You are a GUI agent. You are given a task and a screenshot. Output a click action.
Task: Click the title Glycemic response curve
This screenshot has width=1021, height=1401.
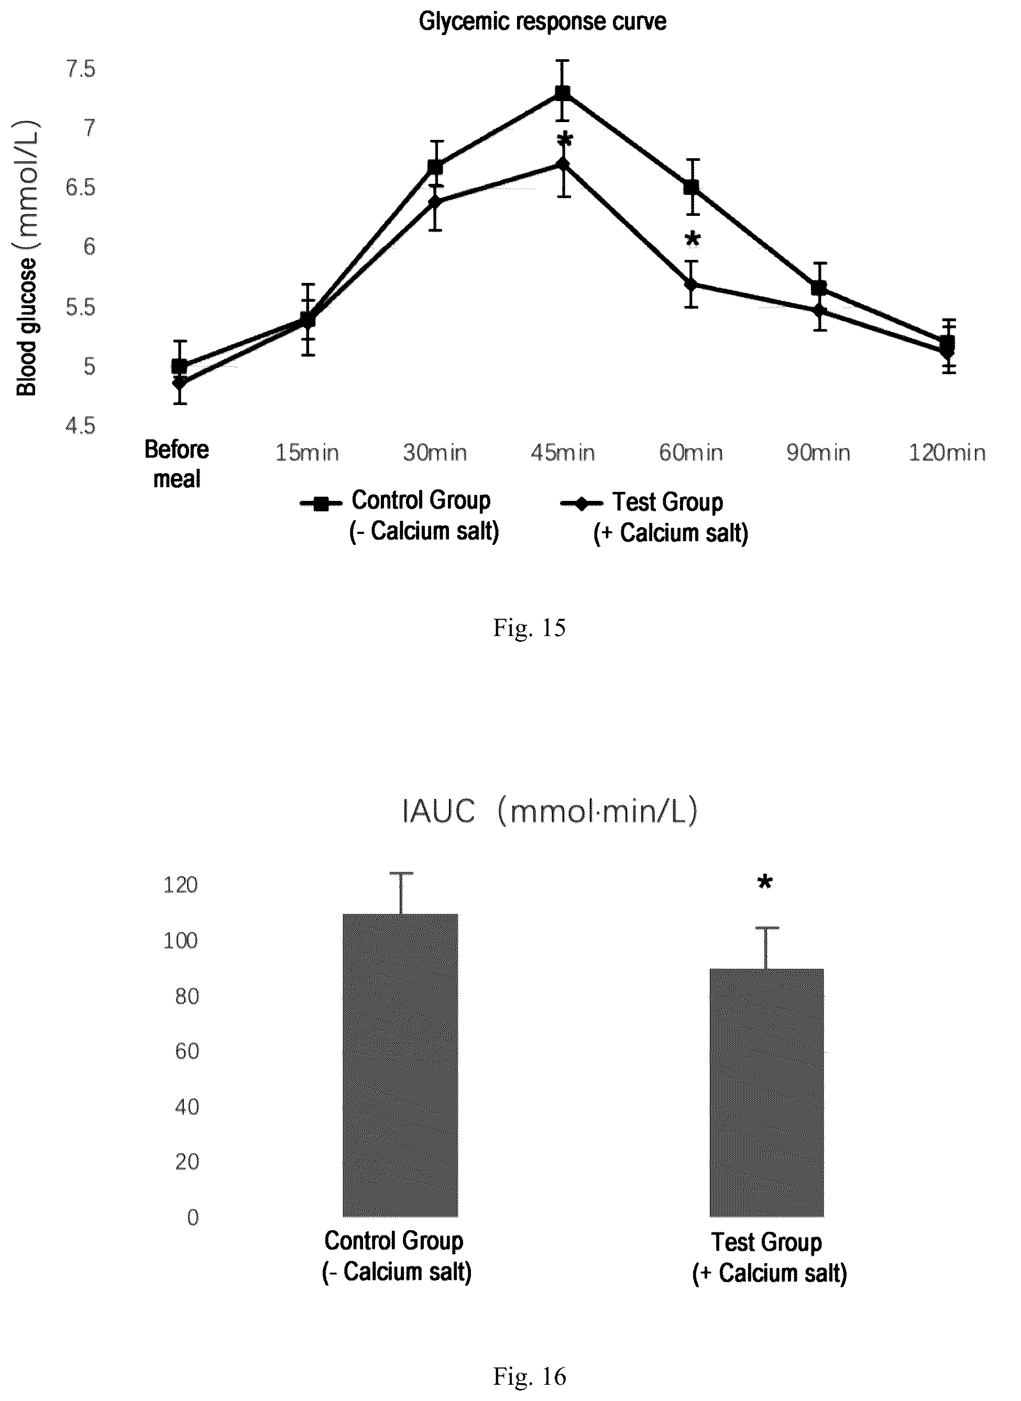tap(543, 22)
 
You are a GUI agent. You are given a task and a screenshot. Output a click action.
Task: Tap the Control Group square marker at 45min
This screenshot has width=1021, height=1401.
tap(563, 93)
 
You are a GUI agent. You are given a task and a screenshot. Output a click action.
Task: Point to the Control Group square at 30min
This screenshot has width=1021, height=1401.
tap(435, 167)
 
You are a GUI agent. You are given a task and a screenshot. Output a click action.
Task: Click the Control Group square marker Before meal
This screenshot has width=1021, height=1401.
tap(179, 366)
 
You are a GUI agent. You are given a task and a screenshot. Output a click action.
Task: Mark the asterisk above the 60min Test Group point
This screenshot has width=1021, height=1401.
tap(693, 239)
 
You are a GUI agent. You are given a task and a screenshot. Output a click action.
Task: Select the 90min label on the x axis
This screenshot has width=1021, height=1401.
tap(818, 453)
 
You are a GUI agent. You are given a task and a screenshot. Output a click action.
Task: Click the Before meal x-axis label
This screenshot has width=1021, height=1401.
tap(177, 464)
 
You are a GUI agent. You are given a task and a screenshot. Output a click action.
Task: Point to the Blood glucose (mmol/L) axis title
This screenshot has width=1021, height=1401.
tap(27, 258)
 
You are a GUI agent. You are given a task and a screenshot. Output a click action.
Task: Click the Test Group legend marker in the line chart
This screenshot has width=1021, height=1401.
tap(581, 504)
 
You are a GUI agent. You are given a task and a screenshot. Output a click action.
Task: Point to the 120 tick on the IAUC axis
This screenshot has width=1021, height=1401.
tap(180, 885)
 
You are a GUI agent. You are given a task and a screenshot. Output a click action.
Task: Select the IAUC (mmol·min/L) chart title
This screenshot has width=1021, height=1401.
tap(550, 812)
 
